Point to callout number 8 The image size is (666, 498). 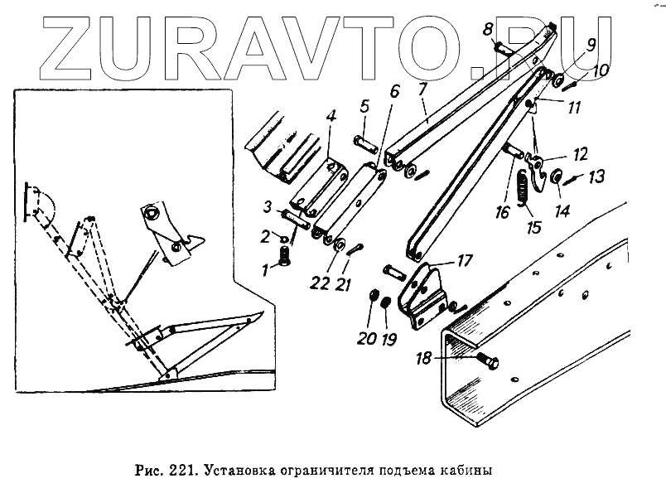(x=488, y=31)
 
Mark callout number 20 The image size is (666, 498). (x=367, y=338)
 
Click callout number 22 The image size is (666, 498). (x=319, y=284)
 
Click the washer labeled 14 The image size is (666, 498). (x=556, y=176)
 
